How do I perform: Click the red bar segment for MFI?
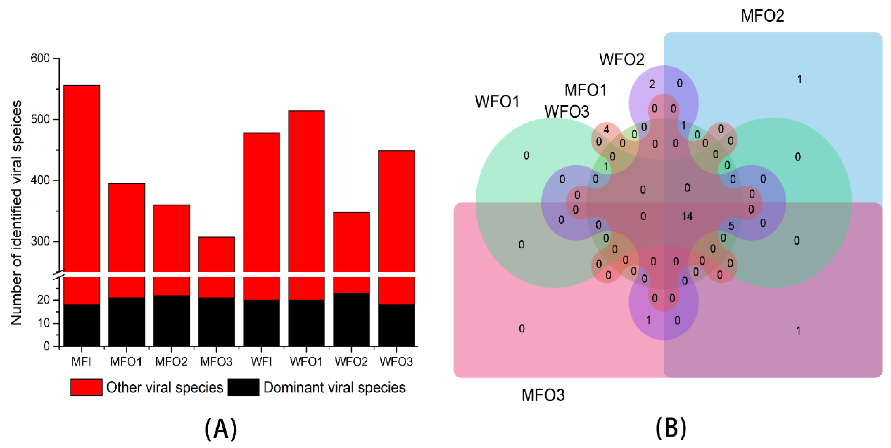click(82, 173)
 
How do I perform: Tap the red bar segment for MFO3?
click(217, 256)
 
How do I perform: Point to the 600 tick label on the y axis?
click(40, 58)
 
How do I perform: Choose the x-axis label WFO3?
click(396, 362)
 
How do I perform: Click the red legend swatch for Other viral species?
click(86, 387)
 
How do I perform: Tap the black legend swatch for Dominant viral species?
click(244, 387)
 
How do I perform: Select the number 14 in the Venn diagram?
click(687, 217)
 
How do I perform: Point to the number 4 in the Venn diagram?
click(606, 129)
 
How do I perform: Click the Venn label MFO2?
click(762, 16)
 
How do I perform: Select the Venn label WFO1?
click(497, 102)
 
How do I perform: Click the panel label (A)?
click(221, 429)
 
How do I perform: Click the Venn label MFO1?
click(586, 90)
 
